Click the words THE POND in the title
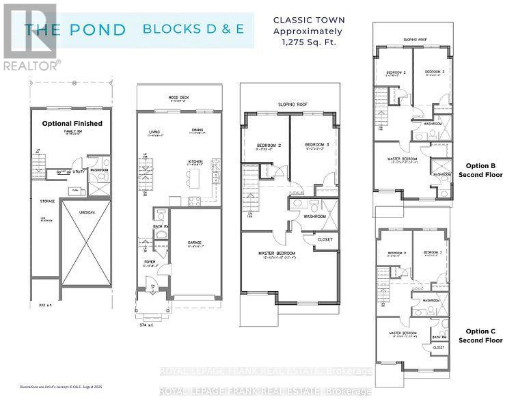click(75, 29)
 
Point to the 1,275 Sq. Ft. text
click(310, 42)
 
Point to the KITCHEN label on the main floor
click(196, 161)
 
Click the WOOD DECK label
click(179, 98)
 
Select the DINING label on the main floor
click(199, 132)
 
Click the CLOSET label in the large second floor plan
click(325, 240)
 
